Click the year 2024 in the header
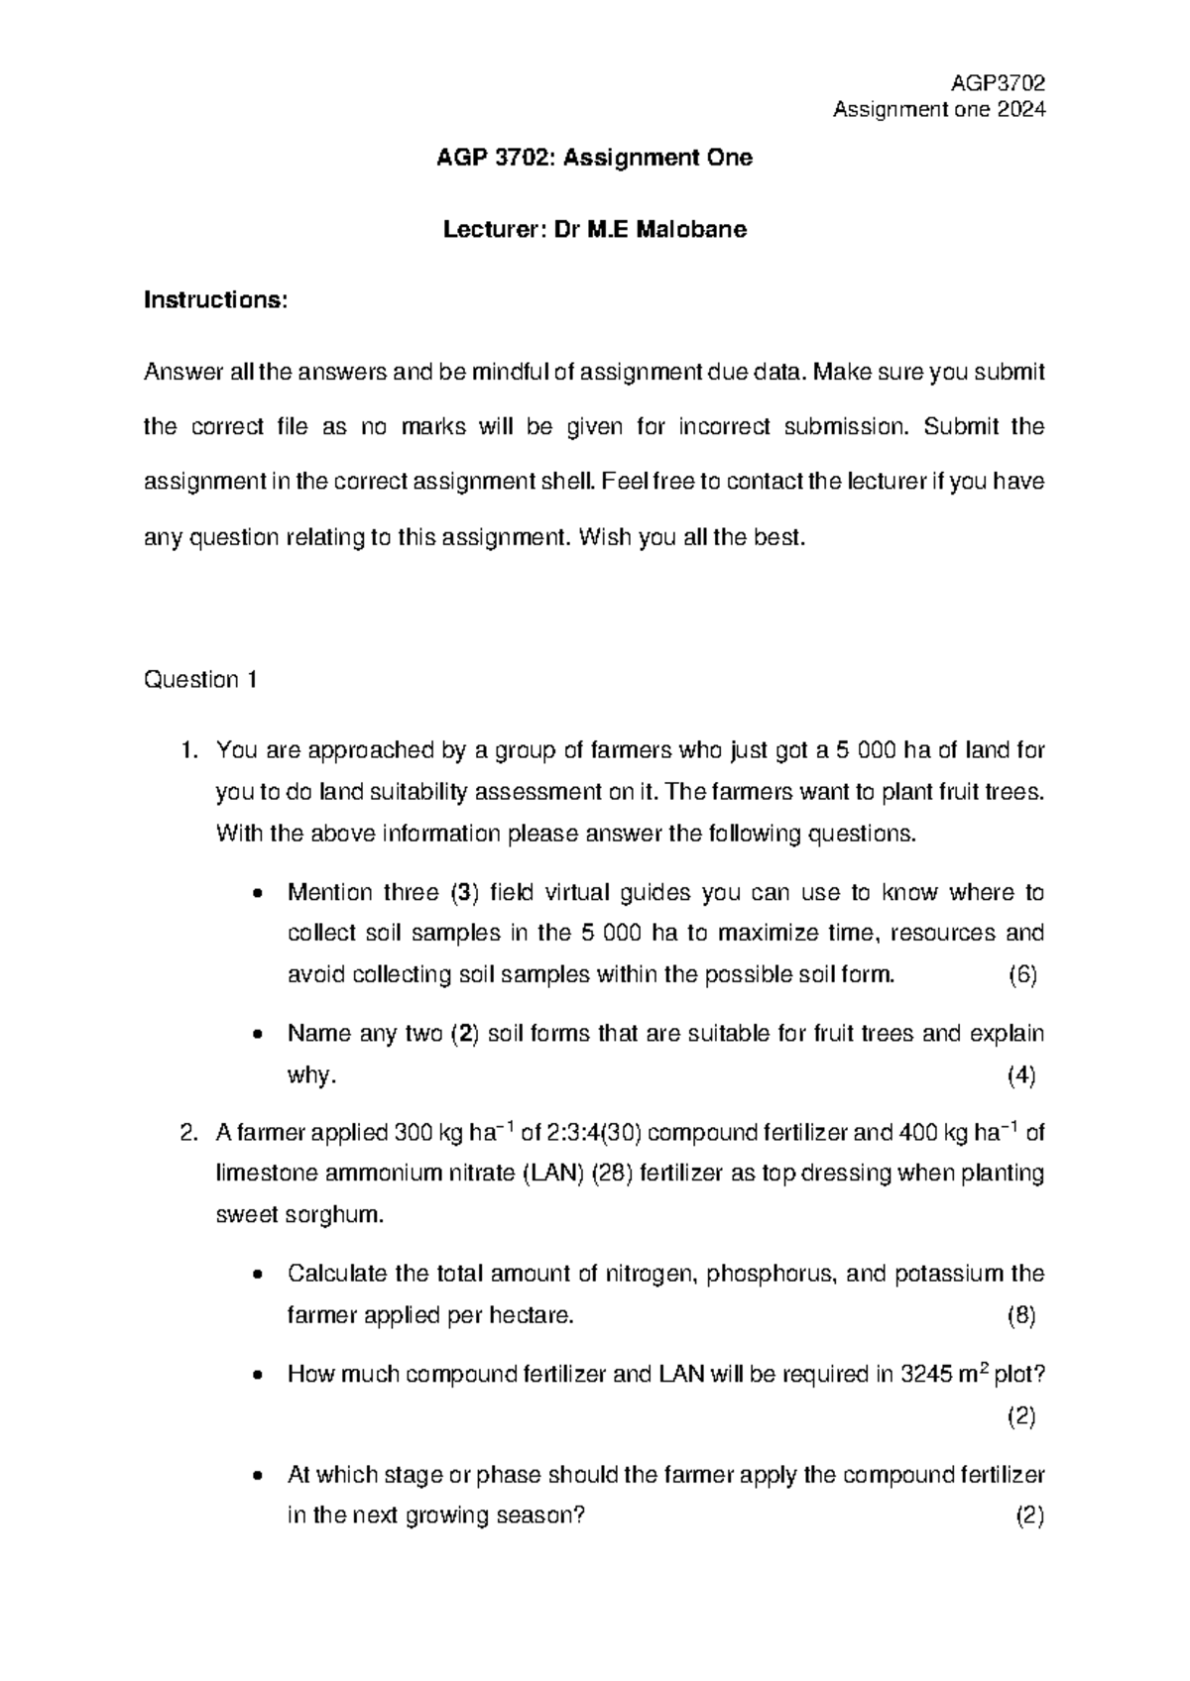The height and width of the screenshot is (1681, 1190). (1021, 110)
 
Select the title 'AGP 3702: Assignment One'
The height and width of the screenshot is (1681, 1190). (595, 158)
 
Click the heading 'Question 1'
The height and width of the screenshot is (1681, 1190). (201, 680)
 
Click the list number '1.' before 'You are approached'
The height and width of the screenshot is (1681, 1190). (190, 750)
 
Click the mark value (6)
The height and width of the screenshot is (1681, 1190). (1022, 974)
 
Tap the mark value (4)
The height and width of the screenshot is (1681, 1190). (1021, 1075)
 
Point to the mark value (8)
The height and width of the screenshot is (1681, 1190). (1021, 1316)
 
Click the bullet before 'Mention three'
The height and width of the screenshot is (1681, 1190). (258, 893)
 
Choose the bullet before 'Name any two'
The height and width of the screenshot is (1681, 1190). (258, 1035)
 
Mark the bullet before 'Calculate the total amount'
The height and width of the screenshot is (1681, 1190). (258, 1275)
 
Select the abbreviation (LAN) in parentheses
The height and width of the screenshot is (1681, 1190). (552, 1174)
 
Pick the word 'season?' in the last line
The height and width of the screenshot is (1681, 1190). (544, 1516)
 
